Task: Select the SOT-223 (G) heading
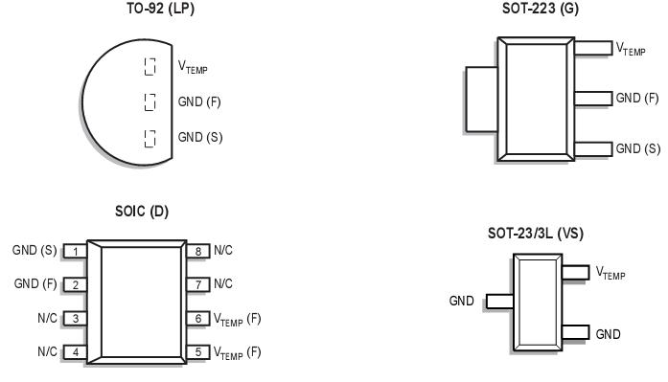[541, 9]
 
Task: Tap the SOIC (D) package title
[141, 211]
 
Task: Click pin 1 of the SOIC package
[73, 252]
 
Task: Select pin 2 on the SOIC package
[73, 284]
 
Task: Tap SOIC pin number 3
[73, 318]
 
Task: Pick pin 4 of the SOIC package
[73, 351]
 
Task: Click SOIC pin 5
[197, 351]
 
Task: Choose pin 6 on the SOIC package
[197, 318]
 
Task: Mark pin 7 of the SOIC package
[197, 284]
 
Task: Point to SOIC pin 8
[197, 252]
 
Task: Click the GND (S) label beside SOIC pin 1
[34, 251]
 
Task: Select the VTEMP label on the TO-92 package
[193, 67]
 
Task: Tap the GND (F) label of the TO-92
[199, 101]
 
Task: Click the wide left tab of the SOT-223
[479, 97]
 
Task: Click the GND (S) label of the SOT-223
[637, 148]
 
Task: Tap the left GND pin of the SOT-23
[498, 302]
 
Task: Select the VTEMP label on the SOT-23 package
[610, 274]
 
